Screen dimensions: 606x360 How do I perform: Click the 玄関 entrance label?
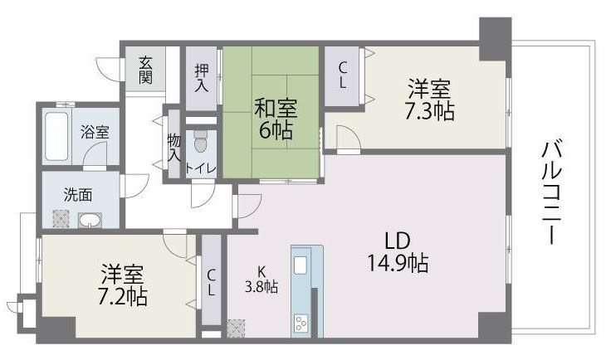[x=145, y=70]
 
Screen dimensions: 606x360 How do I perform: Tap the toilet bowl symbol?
[x=200, y=142]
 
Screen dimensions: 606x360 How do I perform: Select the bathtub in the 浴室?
[x=56, y=136]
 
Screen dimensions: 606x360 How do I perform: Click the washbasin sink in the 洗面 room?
[x=90, y=220]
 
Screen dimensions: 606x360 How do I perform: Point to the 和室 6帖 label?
[x=276, y=119]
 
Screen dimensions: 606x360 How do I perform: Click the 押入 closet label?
[x=202, y=78]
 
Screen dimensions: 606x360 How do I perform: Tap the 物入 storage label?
[x=174, y=148]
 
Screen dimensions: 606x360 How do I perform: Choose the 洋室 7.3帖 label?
[x=429, y=100]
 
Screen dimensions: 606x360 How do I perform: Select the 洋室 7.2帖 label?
[x=123, y=285]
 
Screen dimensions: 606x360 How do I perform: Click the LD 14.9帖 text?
[x=398, y=253]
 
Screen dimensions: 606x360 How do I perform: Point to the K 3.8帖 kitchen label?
[x=261, y=280]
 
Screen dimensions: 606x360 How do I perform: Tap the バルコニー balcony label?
[x=552, y=192]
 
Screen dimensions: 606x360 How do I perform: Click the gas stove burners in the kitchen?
[x=301, y=324]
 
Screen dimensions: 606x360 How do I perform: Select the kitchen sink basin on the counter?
[x=301, y=265]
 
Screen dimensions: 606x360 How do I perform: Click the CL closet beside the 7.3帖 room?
[x=342, y=75]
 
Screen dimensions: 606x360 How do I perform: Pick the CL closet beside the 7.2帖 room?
[x=211, y=280]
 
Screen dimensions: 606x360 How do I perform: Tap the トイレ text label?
[x=201, y=168]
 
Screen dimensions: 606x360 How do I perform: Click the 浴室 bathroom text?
[x=95, y=132]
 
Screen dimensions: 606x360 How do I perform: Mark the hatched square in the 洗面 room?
[x=61, y=219]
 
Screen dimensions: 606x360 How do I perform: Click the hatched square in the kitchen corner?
[x=236, y=328]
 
